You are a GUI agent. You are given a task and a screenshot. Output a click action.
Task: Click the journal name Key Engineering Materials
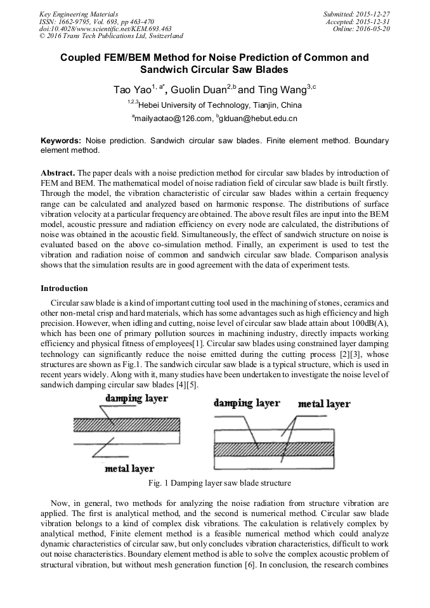coord(78,13)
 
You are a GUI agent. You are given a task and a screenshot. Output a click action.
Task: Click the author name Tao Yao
coord(132,90)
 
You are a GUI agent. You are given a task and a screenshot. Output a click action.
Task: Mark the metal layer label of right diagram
coord(323,404)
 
